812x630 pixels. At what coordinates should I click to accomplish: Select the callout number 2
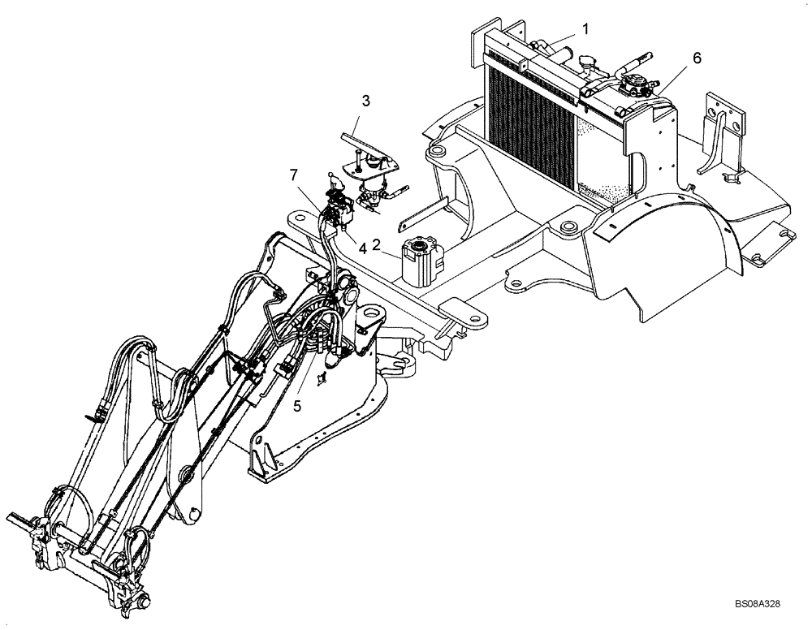click(377, 244)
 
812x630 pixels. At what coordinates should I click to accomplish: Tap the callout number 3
click(367, 101)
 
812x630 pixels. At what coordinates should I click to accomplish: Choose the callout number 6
click(697, 58)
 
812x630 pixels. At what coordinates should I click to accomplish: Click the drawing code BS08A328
click(758, 606)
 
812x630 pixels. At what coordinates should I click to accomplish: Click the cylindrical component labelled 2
click(420, 260)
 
